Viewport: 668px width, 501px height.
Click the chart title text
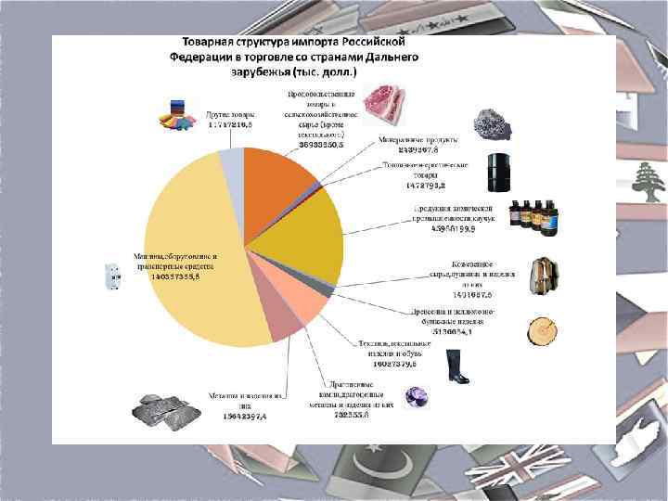294,57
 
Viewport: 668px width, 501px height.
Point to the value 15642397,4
238,417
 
